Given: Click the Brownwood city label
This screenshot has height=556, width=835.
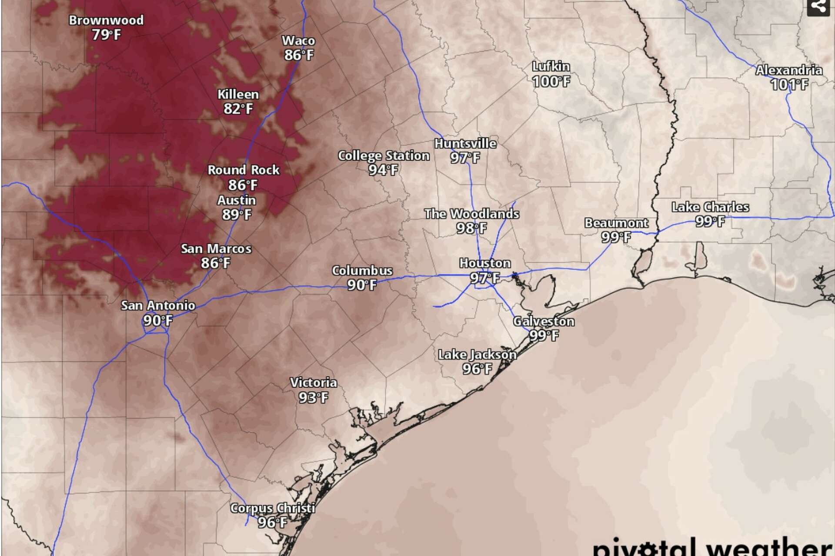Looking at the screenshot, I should coord(106,20).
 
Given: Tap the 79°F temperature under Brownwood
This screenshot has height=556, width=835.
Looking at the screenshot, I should coord(106,35).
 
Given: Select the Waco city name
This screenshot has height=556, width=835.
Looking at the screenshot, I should coord(298,41).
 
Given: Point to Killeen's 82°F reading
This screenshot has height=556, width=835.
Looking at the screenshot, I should coord(238,109).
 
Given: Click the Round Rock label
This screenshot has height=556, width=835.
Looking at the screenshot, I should coord(244,170).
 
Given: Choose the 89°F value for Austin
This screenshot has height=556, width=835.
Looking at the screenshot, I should coord(237,215).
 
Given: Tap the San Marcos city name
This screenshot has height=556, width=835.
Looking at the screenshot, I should coord(216,249).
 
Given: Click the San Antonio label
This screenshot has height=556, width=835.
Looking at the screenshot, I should coord(158,305).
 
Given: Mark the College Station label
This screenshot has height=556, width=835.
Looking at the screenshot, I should coord(384,156).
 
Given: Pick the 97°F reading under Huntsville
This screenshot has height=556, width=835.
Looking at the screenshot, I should coord(465,158).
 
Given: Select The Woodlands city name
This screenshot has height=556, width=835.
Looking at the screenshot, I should coord(472,214).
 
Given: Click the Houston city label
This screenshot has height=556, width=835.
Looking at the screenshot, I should coord(485,263).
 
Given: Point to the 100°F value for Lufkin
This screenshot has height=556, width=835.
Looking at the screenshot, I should coord(551,81).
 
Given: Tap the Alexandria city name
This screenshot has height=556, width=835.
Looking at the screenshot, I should coord(789,70).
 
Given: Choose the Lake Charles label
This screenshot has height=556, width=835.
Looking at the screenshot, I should coord(710,207).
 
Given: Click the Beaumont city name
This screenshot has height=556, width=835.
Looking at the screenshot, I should coord(616,223).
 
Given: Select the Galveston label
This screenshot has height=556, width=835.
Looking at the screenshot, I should coord(544,321).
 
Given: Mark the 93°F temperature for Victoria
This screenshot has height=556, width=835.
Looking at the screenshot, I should coord(313,397).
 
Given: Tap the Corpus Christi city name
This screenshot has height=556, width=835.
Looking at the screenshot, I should coord(273,508).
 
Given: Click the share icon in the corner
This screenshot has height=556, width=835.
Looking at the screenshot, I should coord(818,7).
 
